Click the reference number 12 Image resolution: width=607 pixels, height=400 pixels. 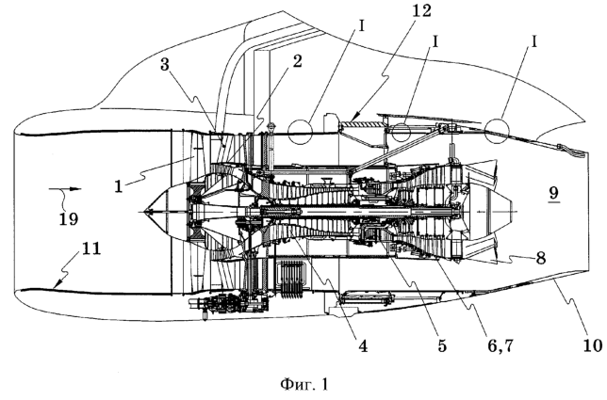click(420, 10)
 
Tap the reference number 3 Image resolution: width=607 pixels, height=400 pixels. click(165, 65)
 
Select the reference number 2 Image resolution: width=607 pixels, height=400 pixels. click(297, 61)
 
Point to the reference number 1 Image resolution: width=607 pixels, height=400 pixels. click(119, 186)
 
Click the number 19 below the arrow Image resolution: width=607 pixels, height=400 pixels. click(69, 218)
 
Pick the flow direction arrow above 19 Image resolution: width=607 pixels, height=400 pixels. click(65, 189)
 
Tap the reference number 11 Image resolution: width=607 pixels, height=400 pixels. click(90, 248)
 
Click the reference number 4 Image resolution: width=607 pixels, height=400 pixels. click(362, 345)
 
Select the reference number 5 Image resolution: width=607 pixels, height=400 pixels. click(441, 345)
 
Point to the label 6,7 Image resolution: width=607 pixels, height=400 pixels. click(500, 345)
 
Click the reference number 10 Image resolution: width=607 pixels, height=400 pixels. click(593, 345)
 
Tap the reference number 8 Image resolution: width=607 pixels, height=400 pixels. click(540, 257)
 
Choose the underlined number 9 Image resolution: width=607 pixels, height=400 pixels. click(554, 192)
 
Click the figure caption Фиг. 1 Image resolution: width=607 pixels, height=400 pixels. click(304, 384)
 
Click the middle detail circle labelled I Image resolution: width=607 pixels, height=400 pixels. click(401, 132)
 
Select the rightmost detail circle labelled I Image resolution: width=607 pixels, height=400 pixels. click(497, 129)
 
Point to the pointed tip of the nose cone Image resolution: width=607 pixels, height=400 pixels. click(143, 212)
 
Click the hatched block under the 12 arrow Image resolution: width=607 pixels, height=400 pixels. click(362, 124)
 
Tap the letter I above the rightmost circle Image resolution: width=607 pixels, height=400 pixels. click(534, 42)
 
